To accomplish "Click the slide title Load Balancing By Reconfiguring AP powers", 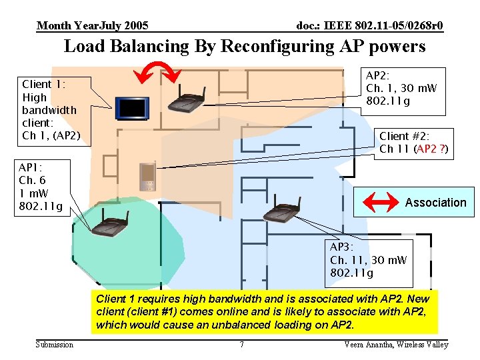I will point(244,47).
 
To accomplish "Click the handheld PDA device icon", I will point(147,176).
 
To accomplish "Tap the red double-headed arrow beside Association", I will point(379,201).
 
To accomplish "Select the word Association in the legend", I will point(435,203).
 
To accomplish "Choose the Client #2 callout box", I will point(414,143).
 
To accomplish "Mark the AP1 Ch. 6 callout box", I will point(41,187).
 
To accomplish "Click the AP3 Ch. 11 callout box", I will point(368,260).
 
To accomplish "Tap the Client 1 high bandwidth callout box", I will point(51,110).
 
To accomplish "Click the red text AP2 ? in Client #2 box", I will point(431,149).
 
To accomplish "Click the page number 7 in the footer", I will point(241,345).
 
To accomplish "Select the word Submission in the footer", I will point(55,345).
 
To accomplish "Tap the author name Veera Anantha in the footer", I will point(396,345).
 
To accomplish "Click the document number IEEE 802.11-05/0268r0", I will point(369,26).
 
